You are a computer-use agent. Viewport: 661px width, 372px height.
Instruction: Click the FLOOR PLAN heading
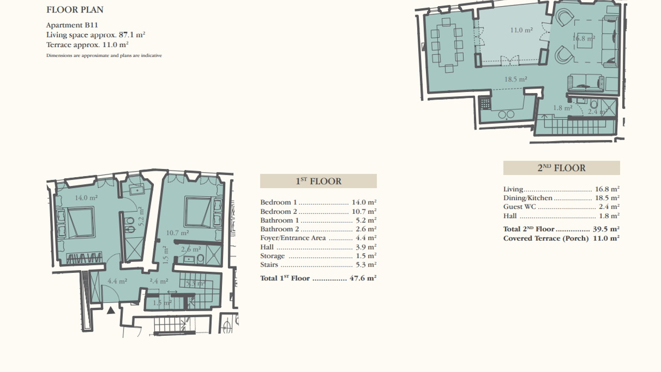(x=75, y=10)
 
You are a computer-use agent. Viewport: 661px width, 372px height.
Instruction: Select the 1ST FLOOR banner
(x=319, y=181)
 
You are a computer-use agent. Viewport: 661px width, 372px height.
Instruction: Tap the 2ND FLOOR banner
(x=561, y=168)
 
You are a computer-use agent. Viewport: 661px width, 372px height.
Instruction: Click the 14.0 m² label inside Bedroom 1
(x=86, y=197)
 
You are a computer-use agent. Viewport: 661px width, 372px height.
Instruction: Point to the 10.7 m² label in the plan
(x=177, y=233)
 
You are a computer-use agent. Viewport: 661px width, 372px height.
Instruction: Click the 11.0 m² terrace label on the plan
(x=522, y=30)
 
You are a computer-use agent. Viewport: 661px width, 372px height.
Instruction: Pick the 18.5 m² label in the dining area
(x=515, y=79)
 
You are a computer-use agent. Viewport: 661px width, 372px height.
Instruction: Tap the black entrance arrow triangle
(x=111, y=311)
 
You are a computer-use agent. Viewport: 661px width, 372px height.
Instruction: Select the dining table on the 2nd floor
(x=447, y=45)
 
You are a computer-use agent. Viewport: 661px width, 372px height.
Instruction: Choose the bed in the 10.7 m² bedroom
(x=198, y=211)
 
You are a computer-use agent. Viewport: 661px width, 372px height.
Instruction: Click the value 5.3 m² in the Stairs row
(x=366, y=265)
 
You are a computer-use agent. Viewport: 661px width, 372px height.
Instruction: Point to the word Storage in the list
(x=272, y=256)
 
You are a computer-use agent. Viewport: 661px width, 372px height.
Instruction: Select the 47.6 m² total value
(x=363, y=278)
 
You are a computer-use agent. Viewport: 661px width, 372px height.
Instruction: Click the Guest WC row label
(x=520, y=207)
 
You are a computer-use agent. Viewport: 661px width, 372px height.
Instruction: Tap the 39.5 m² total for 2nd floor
(x=606, y=229)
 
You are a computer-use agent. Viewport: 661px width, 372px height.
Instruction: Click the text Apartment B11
(x=72, y=25)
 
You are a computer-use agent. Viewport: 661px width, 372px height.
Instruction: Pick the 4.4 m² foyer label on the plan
(x=117, y=281)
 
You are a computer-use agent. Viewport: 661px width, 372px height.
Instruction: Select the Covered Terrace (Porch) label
(x=546, y=239)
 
